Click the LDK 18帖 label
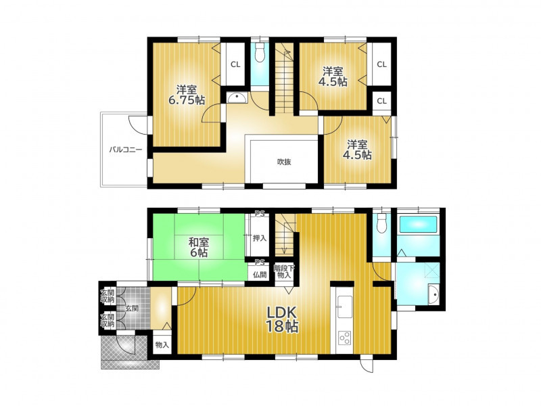tap(282, 319)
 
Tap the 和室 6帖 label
tap(199, 247)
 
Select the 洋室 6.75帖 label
tap(187, 95)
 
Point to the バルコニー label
tap(126, 150)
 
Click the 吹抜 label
tap(284, 162)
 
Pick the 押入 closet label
tap(260, 238)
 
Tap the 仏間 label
tap(260, 275)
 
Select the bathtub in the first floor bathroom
tap(419, 225)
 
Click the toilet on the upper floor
tap(260, 53)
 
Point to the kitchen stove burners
tap(345, 337)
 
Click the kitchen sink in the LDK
tap(345, 307)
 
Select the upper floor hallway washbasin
tap(237, 97)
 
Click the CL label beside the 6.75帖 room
tap(235, 64)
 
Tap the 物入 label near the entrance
tap(162, 344)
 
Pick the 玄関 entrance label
tap(132, 308)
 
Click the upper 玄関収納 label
tap(108, 296)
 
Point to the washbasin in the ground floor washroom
tap(433, 295)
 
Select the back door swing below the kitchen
tap(368, 365)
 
